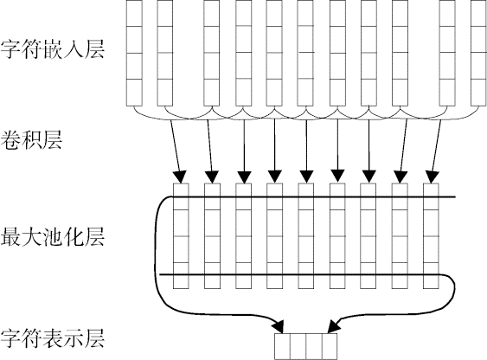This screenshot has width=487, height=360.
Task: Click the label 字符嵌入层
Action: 52,49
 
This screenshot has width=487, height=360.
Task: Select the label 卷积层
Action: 31,140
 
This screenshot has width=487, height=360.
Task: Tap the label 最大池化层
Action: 52,237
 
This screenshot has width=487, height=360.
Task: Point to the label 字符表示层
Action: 52,338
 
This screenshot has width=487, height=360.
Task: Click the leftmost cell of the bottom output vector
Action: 282,347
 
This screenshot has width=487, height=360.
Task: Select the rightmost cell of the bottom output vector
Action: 330,347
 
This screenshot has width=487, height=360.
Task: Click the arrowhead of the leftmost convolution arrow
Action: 180,177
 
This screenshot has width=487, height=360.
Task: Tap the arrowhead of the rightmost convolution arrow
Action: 432,177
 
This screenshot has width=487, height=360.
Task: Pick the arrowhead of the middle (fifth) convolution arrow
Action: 306,177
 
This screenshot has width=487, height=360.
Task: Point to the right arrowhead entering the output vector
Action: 334,327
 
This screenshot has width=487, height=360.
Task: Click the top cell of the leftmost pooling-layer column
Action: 181,196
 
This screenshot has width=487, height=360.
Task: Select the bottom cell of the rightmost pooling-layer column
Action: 431,275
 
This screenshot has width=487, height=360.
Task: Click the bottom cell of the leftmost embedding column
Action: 134,93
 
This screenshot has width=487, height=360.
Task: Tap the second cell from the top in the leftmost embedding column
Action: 134,40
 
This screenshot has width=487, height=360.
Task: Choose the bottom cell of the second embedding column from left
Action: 165,93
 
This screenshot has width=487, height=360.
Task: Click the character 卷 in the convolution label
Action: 10,140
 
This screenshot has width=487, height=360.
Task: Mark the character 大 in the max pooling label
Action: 31,237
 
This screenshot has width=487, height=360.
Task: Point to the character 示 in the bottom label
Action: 73,338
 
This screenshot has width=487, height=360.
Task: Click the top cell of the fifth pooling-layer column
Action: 306,196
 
